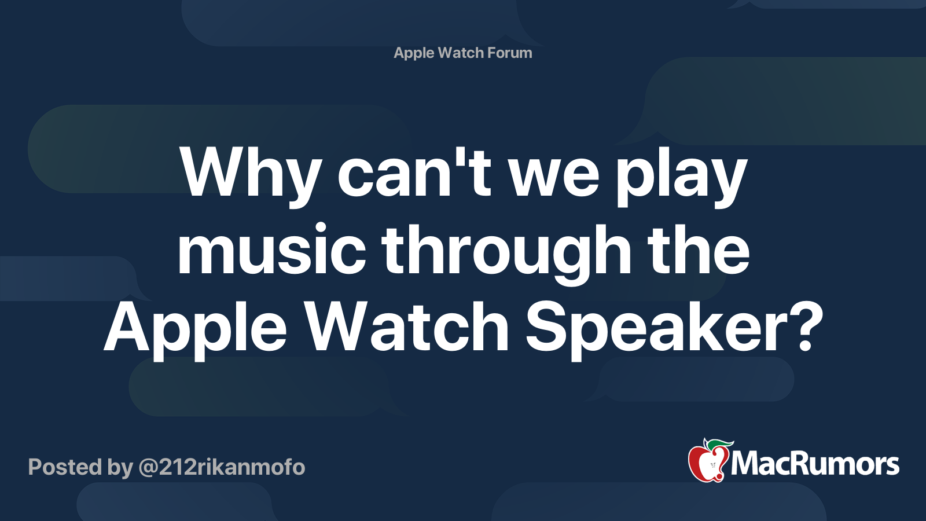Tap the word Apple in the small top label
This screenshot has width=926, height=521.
click(x=414, y=53)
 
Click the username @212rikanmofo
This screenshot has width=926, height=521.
click(x=222, y=467)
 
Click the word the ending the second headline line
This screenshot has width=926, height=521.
click(x=698, y=250)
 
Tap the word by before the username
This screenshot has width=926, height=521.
click(x=120, y=468)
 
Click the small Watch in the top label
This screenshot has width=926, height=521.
click(x=461, y=53)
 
